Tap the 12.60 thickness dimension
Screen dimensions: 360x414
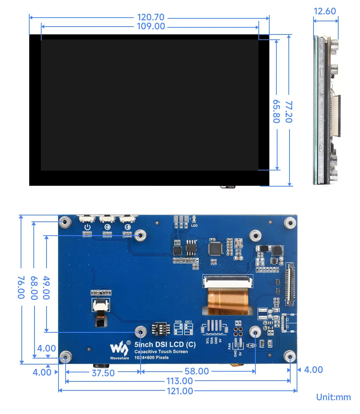[x=325, y=11]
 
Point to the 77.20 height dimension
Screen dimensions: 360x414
[x=289, y=111]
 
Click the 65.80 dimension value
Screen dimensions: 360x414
[x=276, y=111]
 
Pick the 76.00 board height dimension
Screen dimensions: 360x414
[x=21, y=287]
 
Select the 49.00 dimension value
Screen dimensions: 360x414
[x=46, y=287]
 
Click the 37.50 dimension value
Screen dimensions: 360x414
[x=103, y=372]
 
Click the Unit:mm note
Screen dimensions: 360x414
[x=333, y=397]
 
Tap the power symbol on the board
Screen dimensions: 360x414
[x=87, y=227]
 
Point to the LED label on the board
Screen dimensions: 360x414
[x=194, y=226]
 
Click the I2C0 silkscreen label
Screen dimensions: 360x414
[x=178, y=322]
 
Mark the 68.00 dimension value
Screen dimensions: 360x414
[x=34, y=287]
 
